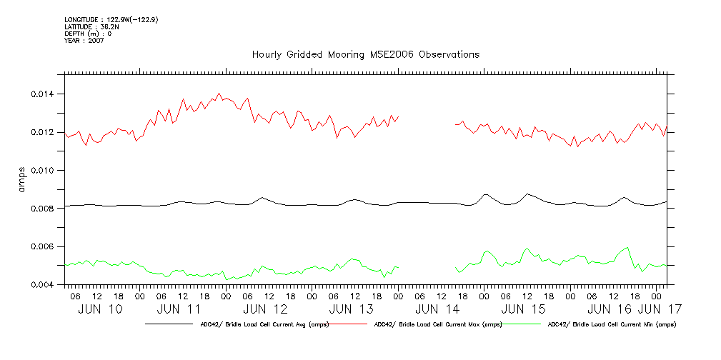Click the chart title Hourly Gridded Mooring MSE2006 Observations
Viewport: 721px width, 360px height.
365,55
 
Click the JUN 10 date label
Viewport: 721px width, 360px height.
101,309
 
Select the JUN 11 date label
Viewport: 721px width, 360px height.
179,309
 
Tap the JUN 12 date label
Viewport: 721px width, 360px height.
265,309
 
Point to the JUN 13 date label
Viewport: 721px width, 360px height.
351,309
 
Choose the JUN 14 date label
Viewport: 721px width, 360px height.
437,309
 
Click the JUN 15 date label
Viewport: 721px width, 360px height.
523,309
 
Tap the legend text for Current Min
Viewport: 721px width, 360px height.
612,324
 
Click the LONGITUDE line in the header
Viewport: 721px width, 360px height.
111,19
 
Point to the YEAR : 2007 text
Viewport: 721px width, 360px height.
85,41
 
